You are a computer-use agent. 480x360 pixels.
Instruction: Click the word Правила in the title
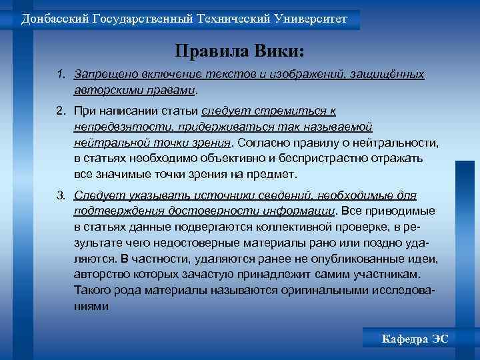point(207,51)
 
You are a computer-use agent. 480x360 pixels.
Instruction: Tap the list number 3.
point(60,195)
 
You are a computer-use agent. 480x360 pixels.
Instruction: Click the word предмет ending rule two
point(276,174)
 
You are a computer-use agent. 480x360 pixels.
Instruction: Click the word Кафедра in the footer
point(403,339)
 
